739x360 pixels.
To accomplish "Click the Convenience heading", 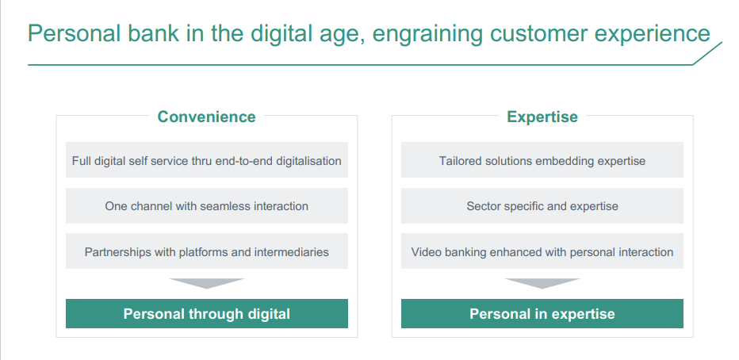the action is (x=206, y=117).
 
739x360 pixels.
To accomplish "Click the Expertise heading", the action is (x=542, y=117).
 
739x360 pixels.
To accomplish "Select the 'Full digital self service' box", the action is (x=207, y=159).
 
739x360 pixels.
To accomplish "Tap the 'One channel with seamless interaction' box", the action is (x=207, y=205).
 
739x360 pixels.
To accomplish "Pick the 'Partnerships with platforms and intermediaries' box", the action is (x=207, y=251).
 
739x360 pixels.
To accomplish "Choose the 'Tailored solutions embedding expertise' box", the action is (x=542, y=159).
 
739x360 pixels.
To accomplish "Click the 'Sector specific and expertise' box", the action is (x=542, y=205).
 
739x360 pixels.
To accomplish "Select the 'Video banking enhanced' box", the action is (x=542, y=251).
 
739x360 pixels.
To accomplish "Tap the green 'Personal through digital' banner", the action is (x=207, y=313).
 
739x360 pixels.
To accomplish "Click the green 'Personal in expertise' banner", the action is (x=542, y=313).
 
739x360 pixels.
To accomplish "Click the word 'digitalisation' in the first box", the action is (x=308, y=161).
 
